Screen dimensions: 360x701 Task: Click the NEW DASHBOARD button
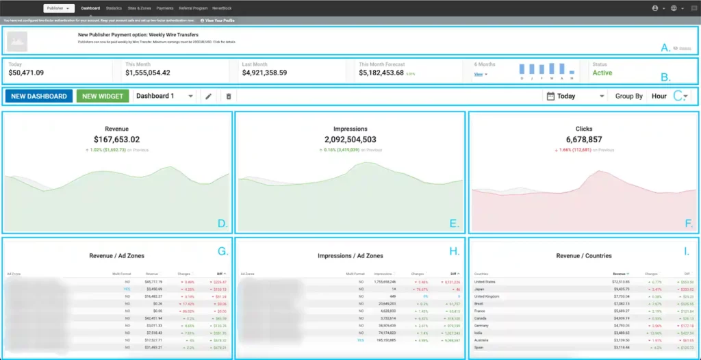[38, 97]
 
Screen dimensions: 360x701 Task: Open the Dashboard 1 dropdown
[164, 97]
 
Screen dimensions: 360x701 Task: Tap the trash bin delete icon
[229, 97]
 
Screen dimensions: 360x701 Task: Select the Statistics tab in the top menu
[114, 8]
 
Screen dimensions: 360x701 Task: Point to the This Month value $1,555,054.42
[148, 73]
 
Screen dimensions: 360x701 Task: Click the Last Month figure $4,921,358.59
[264, 73]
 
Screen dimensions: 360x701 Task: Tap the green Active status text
[602, 73]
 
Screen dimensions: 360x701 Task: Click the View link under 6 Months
[479, 74]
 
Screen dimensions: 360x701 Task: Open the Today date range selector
[575, 97]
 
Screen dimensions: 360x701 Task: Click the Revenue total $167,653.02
[116, 139]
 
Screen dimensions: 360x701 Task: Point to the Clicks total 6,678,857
[584, 139]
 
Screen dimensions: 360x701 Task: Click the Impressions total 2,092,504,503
[350, 139]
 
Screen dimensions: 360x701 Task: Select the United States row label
[485, 282]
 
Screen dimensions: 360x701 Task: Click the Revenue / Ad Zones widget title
[116, 255]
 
